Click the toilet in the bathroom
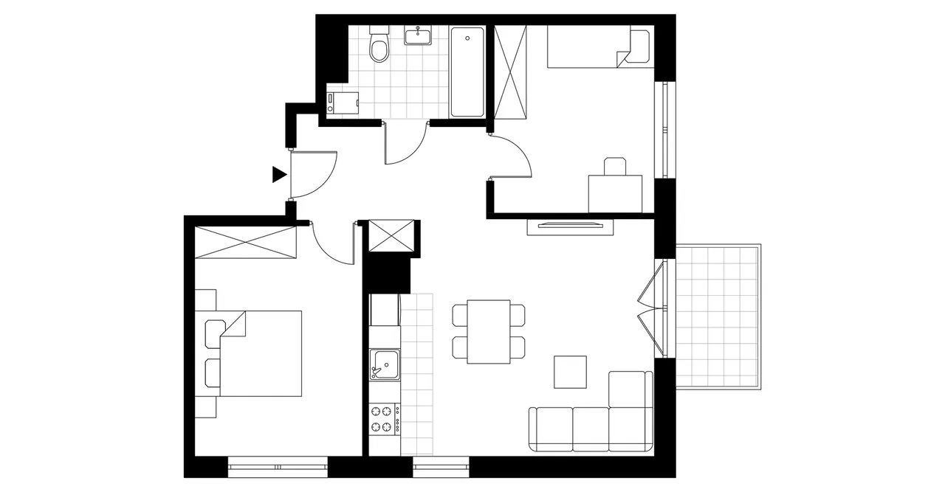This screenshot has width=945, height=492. click(379, 46)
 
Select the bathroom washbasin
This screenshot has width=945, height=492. click(418, 35)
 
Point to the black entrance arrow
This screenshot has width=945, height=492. click(278, 174)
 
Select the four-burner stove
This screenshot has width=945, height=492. click(384, 419)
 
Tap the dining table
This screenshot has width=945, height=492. click(489, 331)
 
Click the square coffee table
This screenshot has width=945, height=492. click(570, 372)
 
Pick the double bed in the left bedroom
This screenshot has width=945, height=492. click(258, 353)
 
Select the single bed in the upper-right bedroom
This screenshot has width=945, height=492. click(598, 47)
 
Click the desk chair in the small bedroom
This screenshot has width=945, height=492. click(614, 166)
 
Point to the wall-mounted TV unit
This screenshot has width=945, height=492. click(570, 226)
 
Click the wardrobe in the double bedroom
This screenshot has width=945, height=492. click(245, 242)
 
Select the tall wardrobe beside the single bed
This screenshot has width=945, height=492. click(511, 72)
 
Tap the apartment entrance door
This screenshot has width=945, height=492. click(313, 174)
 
